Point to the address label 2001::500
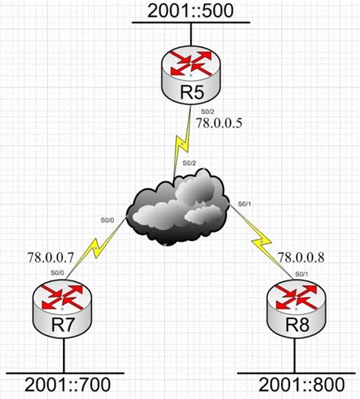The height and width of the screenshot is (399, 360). click(x=191, y=12)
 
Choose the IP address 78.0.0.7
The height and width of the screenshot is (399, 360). click(x=49, y=258)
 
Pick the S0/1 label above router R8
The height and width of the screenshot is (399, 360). click(x=301, y=272)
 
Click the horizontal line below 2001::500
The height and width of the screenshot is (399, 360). click(x=191, y=24)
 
